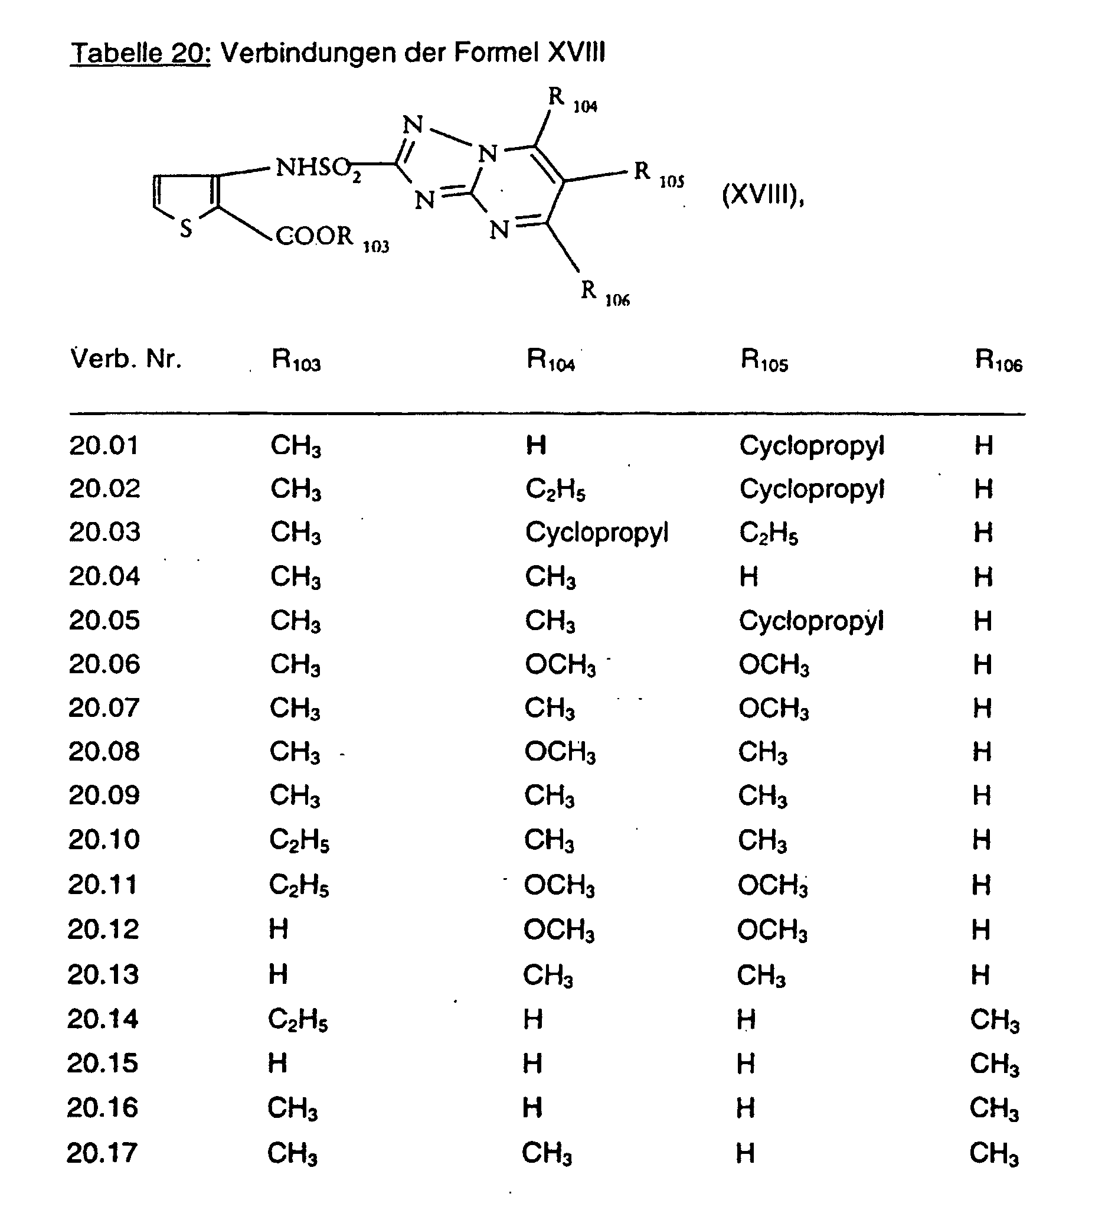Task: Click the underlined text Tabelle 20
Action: click(x=140, y=53)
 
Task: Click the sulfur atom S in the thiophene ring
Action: click(x=186, y=228)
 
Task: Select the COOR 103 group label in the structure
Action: click(x=331, y=237)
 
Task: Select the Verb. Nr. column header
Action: click(x=126, y=359)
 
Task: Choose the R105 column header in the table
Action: click(x=764, y=360)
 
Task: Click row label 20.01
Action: click(x=104, y=445)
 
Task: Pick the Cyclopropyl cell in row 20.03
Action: click(x=597, y=533)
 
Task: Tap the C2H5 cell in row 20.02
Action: click(x=555, y=489)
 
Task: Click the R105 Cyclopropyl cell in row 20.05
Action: click(x=811, y=621)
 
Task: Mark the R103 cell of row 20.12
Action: click(x=279, y=929)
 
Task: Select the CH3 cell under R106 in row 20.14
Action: click(x=994, y=1019)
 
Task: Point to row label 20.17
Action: click(x=102, y=1153)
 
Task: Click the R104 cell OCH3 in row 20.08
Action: click(x=560, y=752)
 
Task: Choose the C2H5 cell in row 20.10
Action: click(x=299, y=840)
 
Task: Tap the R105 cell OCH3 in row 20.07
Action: click(x=773, y=709)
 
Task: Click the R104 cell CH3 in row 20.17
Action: click(x=547, y=1153)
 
